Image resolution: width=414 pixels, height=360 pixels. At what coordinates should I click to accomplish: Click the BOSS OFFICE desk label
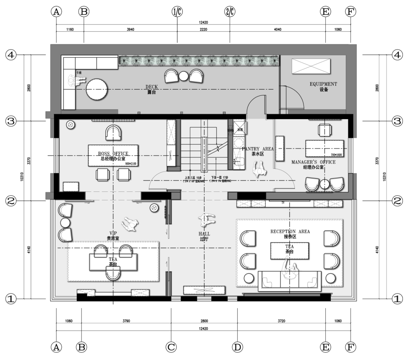(113, 154)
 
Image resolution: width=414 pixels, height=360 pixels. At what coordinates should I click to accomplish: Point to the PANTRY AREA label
(258, 149)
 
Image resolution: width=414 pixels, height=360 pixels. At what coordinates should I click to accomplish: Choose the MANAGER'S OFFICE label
(313, 162)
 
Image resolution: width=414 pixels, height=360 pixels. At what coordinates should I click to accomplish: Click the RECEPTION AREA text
(290, 231)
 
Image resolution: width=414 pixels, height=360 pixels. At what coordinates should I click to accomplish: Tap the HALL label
(204, 234)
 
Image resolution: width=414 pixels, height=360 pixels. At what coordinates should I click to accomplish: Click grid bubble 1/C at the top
(177, 12)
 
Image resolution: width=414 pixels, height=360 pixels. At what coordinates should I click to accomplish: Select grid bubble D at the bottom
(238, 347)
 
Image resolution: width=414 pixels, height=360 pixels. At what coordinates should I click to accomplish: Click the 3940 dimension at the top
(130, 29)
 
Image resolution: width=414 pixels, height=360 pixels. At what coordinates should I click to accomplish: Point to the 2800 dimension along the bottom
(204, 321)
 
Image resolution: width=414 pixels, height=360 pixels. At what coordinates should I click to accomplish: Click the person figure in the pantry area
(260, 169)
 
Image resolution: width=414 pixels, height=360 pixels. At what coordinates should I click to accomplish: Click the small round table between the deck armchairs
(184, 76)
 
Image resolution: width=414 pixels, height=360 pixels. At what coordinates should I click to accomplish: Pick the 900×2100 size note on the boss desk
(131, 164)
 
